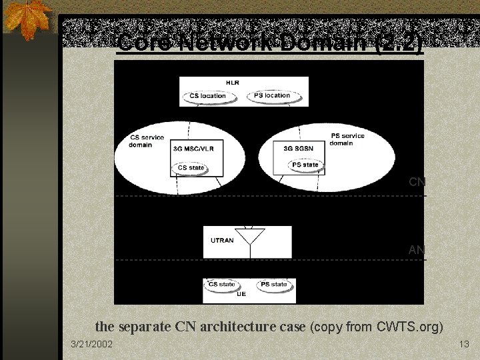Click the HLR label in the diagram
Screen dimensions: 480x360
pyautogui.click(x=233, y=83)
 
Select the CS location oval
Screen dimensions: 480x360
pyautogui.click(x=207, y=96)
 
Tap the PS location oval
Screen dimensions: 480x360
pyautogui.click(x=272, y=96)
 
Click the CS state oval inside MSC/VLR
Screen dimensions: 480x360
pyautogui.click(x=191, y=168)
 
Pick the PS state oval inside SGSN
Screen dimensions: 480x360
pyautogui.click(x=305, y=165)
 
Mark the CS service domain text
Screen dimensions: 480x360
pyautogui.click(x=147, y=141)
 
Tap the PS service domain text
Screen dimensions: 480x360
pyautogui.click(x=347, y=139)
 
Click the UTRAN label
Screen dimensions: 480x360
pyautogui.click(x=222, y=241)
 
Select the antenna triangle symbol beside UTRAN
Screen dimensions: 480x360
pyautogui.click(x=252, y=235)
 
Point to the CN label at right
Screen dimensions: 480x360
pyautogui.click(x=416, y=181)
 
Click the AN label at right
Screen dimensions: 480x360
pyautogui.click(x=416, y=250)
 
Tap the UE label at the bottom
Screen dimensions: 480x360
pyautogui.click(x=241, y=293)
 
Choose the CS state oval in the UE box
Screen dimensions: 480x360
pyautogui.click(x=222, y=285)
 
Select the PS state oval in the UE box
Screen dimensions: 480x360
pyautogui.click(x=274, y=285)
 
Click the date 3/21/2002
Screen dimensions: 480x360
pyautogui.click(x=92, y=344)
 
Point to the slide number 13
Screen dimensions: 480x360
pyautogui.click(x=465, y=344)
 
